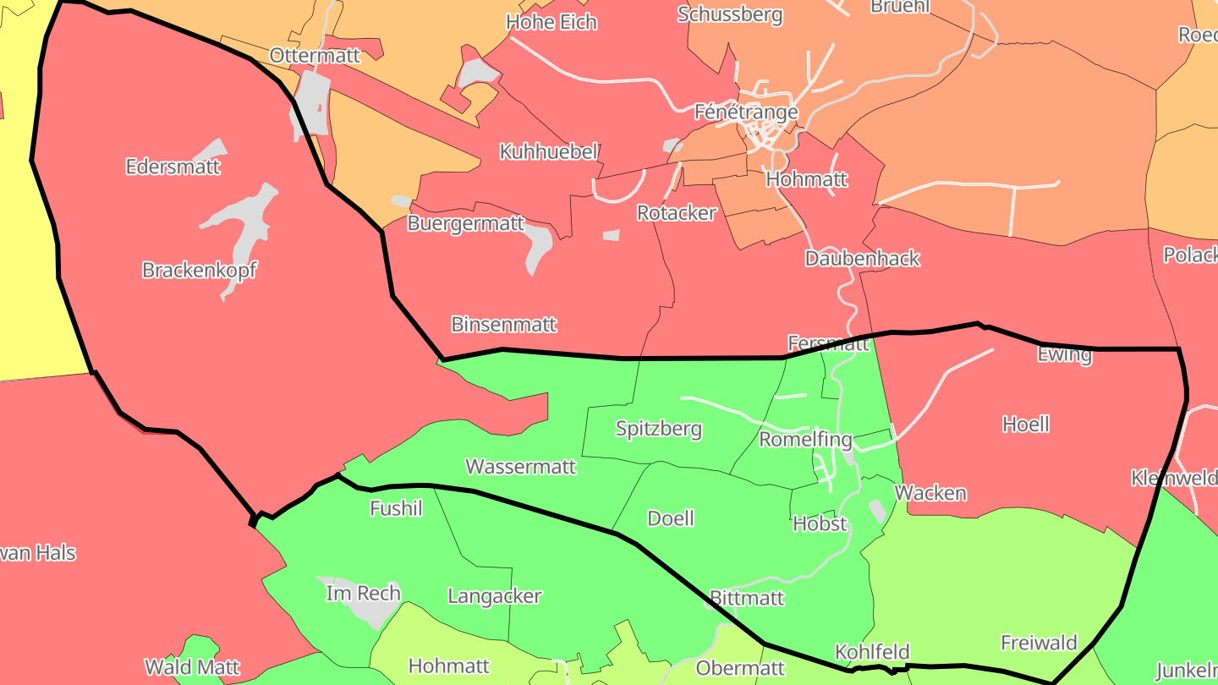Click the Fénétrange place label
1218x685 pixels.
(x=745, y=112)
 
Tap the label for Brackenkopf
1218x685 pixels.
(x=199, y=271)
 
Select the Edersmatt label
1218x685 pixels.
(x=173, y=167)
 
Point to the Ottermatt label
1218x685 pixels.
(x=315, y=56)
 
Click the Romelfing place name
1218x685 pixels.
(x=805, y=440)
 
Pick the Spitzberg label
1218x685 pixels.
(x=658, y=429)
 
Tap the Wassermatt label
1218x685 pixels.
(x=520, y=467)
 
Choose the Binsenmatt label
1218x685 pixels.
(x=504, y=325)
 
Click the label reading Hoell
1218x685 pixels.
(x=1025, y=425)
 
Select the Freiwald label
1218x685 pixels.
(x=1039, y=643)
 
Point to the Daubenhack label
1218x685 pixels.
(x=862, y=259)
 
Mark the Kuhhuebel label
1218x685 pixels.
(x=549, y=152)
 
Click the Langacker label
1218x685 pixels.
(x=494, y=596)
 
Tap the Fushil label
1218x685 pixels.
(x=396, y=508)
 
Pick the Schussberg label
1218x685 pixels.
(x=730, y=15)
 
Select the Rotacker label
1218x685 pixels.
(x=677, y=213)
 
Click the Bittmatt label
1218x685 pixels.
(x=747, y=599)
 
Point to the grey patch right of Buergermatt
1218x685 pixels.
(x=538, y=248)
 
